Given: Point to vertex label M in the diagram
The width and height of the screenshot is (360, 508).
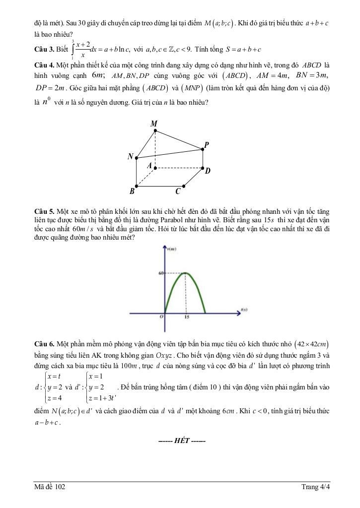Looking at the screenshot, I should coord(154,123).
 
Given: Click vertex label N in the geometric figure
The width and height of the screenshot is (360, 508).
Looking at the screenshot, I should coord(131,156).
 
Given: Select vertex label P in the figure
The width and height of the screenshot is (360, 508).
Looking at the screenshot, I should coord(207,145).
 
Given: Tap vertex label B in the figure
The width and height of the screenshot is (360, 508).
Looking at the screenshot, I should coord(132,191).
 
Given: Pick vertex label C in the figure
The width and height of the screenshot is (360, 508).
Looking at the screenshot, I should coord(177,191).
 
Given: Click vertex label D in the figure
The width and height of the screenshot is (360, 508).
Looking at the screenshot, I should coord(208,171).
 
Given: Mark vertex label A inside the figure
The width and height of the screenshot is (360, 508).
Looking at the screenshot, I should coord(148,166).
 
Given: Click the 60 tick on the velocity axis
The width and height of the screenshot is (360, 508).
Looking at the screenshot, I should coord(161,273).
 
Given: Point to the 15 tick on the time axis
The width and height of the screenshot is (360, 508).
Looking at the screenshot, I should coord(186,318).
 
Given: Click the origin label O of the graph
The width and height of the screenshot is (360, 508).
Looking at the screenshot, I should coord(161,318).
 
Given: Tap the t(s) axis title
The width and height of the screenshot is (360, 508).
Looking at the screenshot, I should coord(244,310).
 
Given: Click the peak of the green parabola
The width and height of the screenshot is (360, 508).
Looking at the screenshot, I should coord(185,273).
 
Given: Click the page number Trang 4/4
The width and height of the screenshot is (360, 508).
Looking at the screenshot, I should coord(315,487).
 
